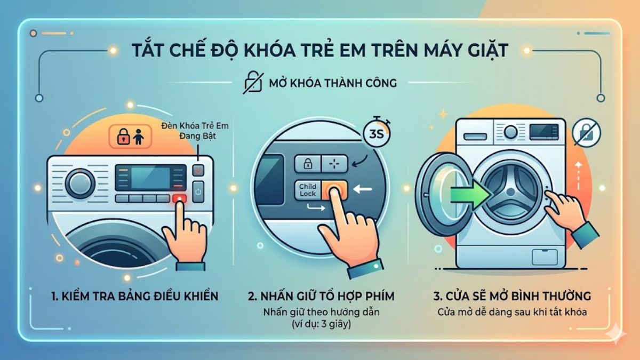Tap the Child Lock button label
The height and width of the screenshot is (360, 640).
tap(308, 190)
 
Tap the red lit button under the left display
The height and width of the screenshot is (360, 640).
tap(179, 198)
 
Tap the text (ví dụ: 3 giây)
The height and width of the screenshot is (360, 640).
tap(320, 324)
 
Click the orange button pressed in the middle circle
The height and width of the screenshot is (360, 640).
tap(333, 189)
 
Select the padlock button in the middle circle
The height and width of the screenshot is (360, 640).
tap(307, 163)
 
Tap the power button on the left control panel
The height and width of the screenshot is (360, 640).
tap(198, 191)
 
